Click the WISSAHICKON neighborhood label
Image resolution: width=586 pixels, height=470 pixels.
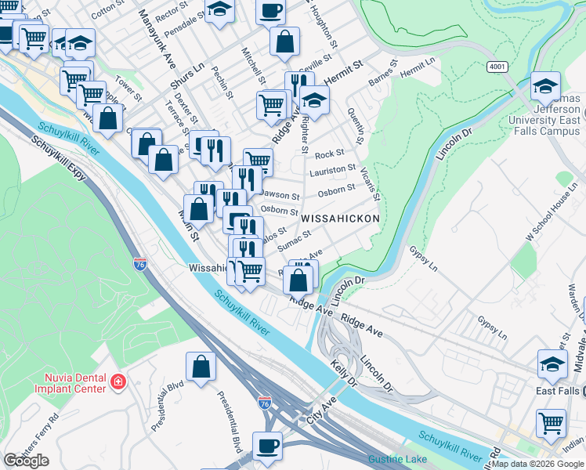point(340,219)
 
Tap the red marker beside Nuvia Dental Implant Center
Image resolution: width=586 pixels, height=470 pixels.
point(118,381)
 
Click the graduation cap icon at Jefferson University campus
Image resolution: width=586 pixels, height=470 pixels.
point(545,86)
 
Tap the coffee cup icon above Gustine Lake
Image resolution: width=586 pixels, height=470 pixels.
point(268,446)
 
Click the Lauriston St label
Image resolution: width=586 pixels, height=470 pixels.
point(332,169)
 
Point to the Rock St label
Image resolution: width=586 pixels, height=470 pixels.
point(329,154)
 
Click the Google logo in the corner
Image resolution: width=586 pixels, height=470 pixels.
point(26,461)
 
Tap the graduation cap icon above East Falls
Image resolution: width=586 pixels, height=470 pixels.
point(552,363)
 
